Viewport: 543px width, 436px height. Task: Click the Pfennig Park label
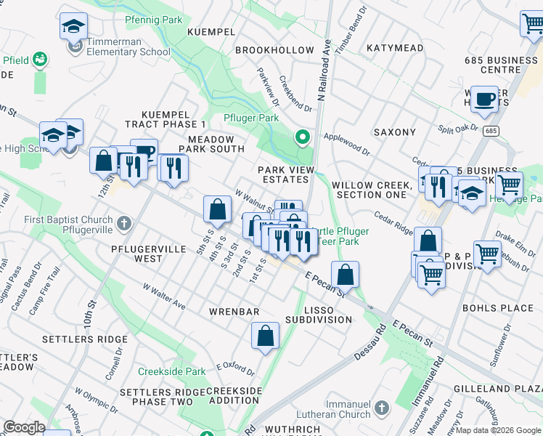[x=153, y=20]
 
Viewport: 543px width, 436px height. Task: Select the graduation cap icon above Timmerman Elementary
[x=73, y=27]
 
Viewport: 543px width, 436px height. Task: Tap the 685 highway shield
[x=492, y=131]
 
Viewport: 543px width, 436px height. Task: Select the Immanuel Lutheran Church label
[x=338, y=409]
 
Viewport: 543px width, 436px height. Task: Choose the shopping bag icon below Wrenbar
[x=265, y=336]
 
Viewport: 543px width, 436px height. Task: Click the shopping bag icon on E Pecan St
[x=346, y=275]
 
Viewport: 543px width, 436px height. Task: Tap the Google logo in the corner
[x=25, y=427]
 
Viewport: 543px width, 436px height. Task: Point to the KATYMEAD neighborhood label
[x=394, y=48]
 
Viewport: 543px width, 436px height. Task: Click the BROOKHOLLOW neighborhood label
[x=274, y=50]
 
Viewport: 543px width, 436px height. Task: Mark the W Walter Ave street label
[x=164, y=296]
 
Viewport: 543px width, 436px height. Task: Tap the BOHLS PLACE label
[x=497, y=308]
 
